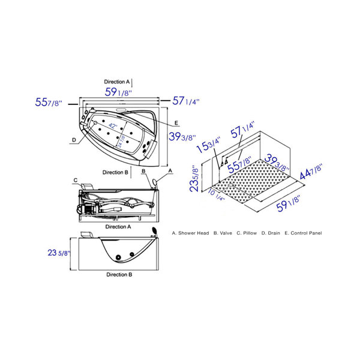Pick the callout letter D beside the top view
click(x=74, y=140)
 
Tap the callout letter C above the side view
click(x=76, y=179)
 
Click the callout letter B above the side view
click(x=144, y=172)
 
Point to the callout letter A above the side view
click(x=170, y=171)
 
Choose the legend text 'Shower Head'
click(x=194, y=232)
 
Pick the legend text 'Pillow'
click(x=250, y=232)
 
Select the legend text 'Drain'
click(x=275, y=232)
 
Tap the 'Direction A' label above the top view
click(x=116, y=81)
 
